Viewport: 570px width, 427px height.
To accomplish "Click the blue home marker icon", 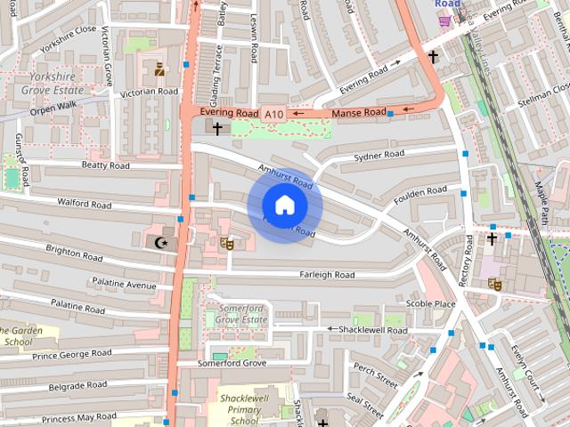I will pos(284,205).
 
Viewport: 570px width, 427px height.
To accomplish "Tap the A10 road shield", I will pos(273,114).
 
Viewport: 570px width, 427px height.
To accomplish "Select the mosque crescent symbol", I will pos(160,242).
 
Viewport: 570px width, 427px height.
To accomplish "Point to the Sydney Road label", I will pos(379,155).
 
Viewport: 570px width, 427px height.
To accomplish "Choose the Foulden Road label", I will pos(420,190).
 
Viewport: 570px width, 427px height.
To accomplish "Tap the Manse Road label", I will pos(359,113).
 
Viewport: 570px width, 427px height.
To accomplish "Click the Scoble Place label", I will pos(430,303).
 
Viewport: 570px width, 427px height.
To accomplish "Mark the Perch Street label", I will pos(374,375).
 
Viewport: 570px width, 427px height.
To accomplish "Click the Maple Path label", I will pos(542,202).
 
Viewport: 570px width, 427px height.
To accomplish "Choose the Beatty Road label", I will pos(105,165).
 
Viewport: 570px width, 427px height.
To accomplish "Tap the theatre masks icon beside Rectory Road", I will pos(493,285).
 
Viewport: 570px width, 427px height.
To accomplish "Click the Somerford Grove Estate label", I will pos(242,313).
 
